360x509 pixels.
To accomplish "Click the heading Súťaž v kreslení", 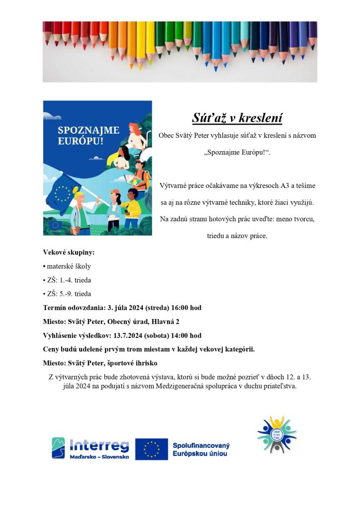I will [x=237, y=118].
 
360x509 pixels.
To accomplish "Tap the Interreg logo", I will [x=90, y=448].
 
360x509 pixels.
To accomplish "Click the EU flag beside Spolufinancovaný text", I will [x=151, y=449].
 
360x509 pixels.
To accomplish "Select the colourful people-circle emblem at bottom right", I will [x=276, y=434].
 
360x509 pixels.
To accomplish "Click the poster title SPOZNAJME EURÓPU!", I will [x=89, y=135].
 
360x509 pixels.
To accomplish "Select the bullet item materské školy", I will [x=69, y=266].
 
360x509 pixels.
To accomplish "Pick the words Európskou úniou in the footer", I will [x=201, y=454].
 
